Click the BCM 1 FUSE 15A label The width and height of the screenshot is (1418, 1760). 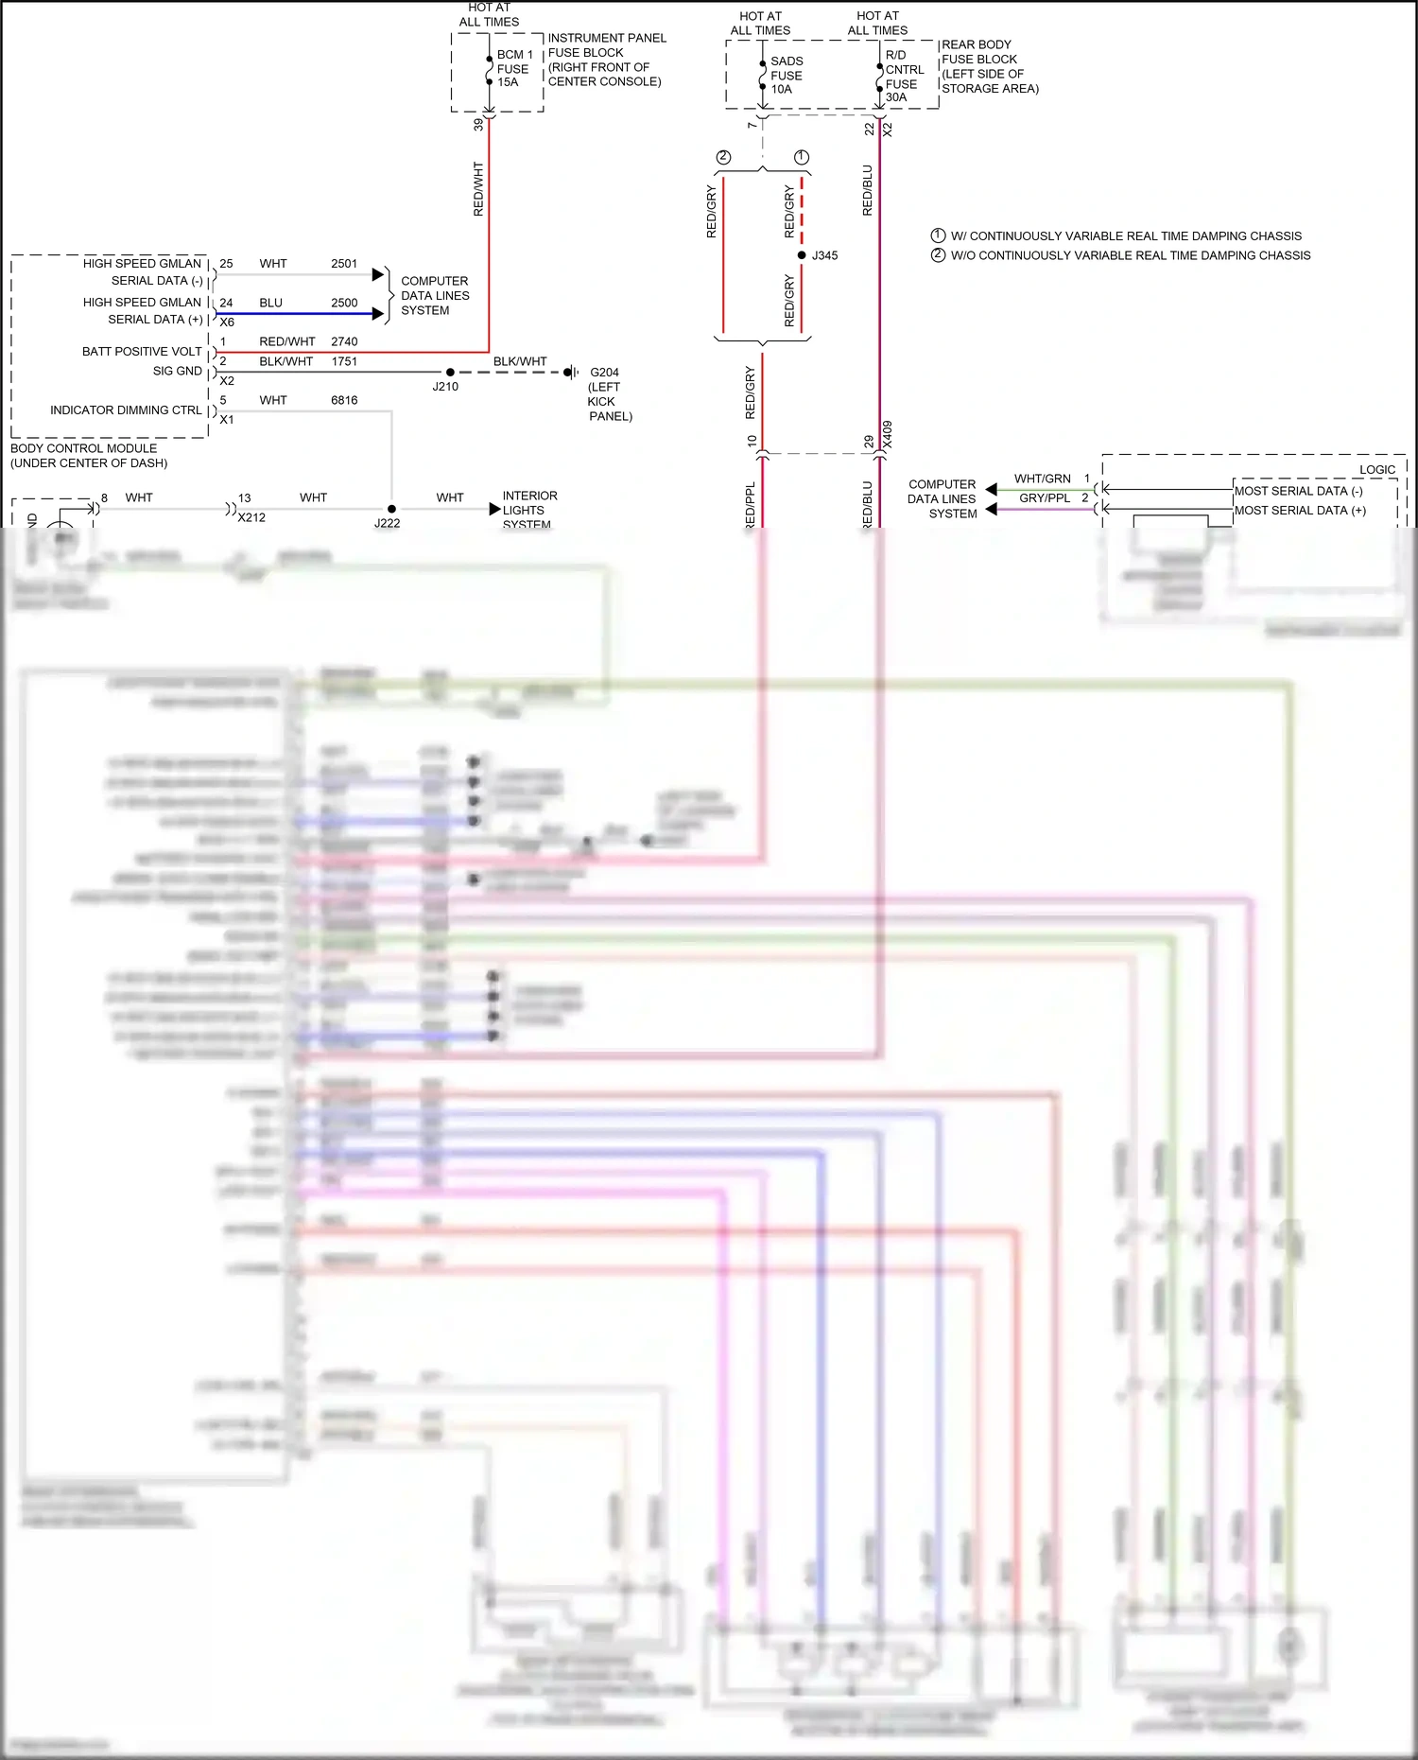coord(514,68)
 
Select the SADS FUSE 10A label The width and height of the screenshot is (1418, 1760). coord(786,76)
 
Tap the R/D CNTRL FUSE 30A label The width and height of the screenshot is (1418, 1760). coord(904,77)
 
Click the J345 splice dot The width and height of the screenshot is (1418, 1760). coord(802,255)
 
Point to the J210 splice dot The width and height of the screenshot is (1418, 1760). coord(450,373)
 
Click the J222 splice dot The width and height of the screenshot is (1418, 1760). coord(391,509)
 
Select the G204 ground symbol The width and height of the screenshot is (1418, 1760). coord(571,373)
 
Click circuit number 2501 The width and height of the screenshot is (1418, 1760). coord(344,264)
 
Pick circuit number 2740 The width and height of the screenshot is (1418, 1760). coord(344,341)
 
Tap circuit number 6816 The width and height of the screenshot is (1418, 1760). coord(344,400)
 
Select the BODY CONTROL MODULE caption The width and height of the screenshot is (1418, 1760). coord(89,456)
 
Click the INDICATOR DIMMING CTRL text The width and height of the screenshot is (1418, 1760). coord(126,410)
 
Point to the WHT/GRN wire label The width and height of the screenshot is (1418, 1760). coord(1043,479)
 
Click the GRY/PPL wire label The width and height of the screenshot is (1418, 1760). coord(1045,498)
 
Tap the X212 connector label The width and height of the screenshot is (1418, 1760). coord(251,518)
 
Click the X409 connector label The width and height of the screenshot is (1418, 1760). coord(888,435)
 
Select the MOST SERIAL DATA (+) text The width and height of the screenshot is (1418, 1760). coord(1300,511)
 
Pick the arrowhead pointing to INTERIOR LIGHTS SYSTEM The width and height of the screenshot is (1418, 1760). coord(494,509)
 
